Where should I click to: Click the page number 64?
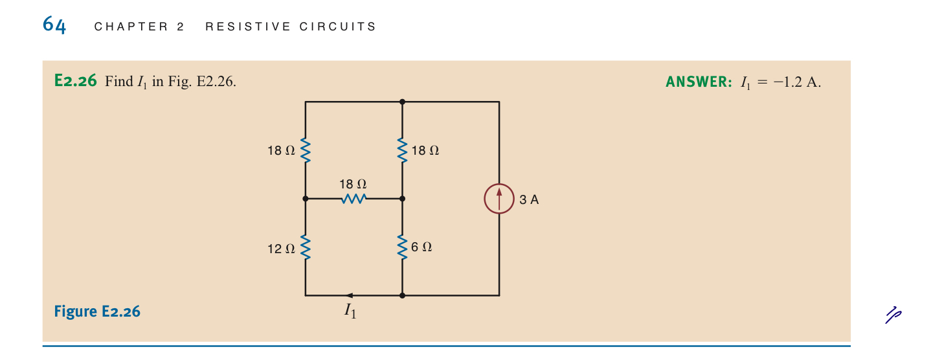pos(54,25)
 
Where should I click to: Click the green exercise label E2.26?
pos(76,82)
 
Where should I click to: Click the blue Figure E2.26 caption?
pos(97,311)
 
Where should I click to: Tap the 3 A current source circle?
pos(499,199)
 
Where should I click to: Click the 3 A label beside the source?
pos(529,199)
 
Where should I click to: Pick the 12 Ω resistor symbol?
pos(306,247)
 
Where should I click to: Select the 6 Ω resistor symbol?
pos(403,247)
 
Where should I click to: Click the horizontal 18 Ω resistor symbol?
pos(354,199)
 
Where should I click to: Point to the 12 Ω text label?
pos(281,248)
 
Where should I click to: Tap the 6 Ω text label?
pos(421,247)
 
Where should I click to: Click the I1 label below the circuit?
pos(350,311)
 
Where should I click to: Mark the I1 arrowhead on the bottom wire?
pos(350,295)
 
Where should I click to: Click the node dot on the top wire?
pos(403,102)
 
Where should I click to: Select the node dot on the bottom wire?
pos(403,295)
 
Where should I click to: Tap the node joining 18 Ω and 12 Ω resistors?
pos(306,199)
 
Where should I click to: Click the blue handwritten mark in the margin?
pos(893,314)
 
